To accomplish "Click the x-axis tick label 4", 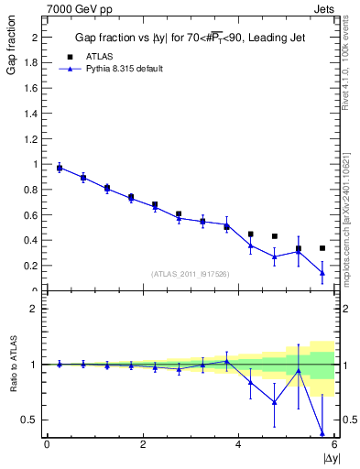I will (x=238, y=444).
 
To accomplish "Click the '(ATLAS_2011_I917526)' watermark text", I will (x=190, y=274).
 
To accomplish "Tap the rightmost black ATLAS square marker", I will (x=322, y=248).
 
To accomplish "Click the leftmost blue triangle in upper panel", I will (x=60, y=168).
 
